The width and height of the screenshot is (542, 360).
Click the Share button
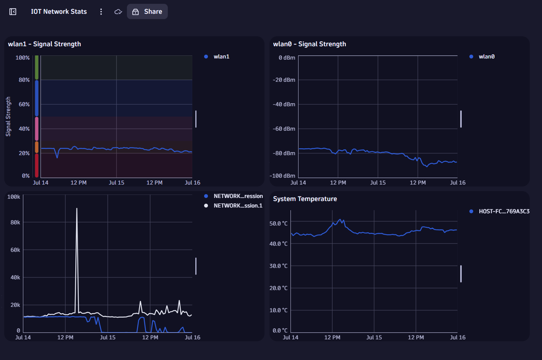click(147, 11)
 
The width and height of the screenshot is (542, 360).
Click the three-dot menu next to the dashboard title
click(101, 11)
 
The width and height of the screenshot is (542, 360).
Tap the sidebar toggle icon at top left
click(13, 11)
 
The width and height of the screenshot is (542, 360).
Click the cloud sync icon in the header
click(118, 11)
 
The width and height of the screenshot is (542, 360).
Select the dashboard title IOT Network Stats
click(58, 11)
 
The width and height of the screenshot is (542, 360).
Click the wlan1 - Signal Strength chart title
click(44, 44)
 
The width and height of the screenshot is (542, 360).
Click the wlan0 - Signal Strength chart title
click(309, 44)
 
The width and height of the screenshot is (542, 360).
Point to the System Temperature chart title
click(305, 199)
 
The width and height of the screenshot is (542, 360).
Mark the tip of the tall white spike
click(77, 209)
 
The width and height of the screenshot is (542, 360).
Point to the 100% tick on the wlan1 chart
click(23, 58)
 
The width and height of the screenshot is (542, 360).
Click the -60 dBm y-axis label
click(284, 129)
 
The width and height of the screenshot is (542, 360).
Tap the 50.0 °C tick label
click(278, 223)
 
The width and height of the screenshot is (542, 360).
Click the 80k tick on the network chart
click(15, 222)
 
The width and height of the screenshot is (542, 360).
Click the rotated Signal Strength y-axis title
click(8, 117)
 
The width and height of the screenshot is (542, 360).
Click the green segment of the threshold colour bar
click(37, 67)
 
